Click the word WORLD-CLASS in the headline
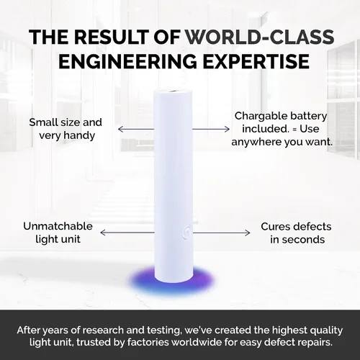coord(260,37)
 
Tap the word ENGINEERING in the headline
coord(127,61)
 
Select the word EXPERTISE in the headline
coord(256,61)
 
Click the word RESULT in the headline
coord(111,37)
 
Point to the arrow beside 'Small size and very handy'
coord(136,130)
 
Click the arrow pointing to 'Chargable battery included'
coord(211,130)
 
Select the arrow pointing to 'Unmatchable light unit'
coord(127,233)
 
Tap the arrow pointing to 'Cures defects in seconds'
coord(221,233)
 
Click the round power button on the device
coord(187,233)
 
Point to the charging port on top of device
coord(173,91)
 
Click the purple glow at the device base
coord(171,280)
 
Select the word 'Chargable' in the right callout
coord(261,117)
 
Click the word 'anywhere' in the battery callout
coord(256,143)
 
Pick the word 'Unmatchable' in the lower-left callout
coord(58,226)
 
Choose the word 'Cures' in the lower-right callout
coord(275,227)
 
